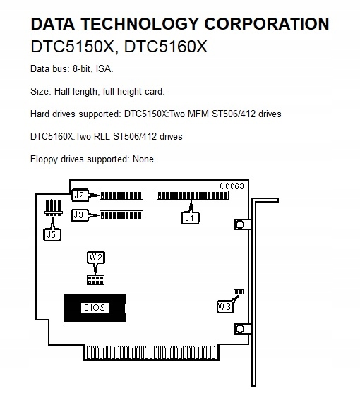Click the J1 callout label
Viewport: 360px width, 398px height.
[191, 218]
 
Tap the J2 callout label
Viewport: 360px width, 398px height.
[80, 195]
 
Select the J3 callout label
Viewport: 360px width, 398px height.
[79, 215]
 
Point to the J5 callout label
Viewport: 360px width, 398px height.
[52, 235]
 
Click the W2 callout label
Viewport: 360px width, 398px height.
[96, 258]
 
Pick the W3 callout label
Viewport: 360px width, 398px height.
[225, 306]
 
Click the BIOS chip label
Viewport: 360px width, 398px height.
[95, 308]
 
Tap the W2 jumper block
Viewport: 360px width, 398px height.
[95, 279]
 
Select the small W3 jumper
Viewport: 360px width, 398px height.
[239, 292]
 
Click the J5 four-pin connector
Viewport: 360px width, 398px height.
[54, 207]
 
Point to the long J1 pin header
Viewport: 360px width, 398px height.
[193, 195]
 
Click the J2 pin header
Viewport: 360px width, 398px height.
[121, 195]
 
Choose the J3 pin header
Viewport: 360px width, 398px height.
[121, 215]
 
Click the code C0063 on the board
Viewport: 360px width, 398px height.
[232, 186]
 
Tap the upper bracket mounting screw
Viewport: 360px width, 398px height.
[240, 224]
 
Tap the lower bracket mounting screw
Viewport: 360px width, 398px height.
[240, 329]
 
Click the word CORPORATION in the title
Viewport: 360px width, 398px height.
[267, 24]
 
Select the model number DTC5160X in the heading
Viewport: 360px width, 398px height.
[166, 47]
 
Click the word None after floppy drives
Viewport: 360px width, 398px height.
[143, 159]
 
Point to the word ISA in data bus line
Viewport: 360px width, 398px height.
[103, 68]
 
